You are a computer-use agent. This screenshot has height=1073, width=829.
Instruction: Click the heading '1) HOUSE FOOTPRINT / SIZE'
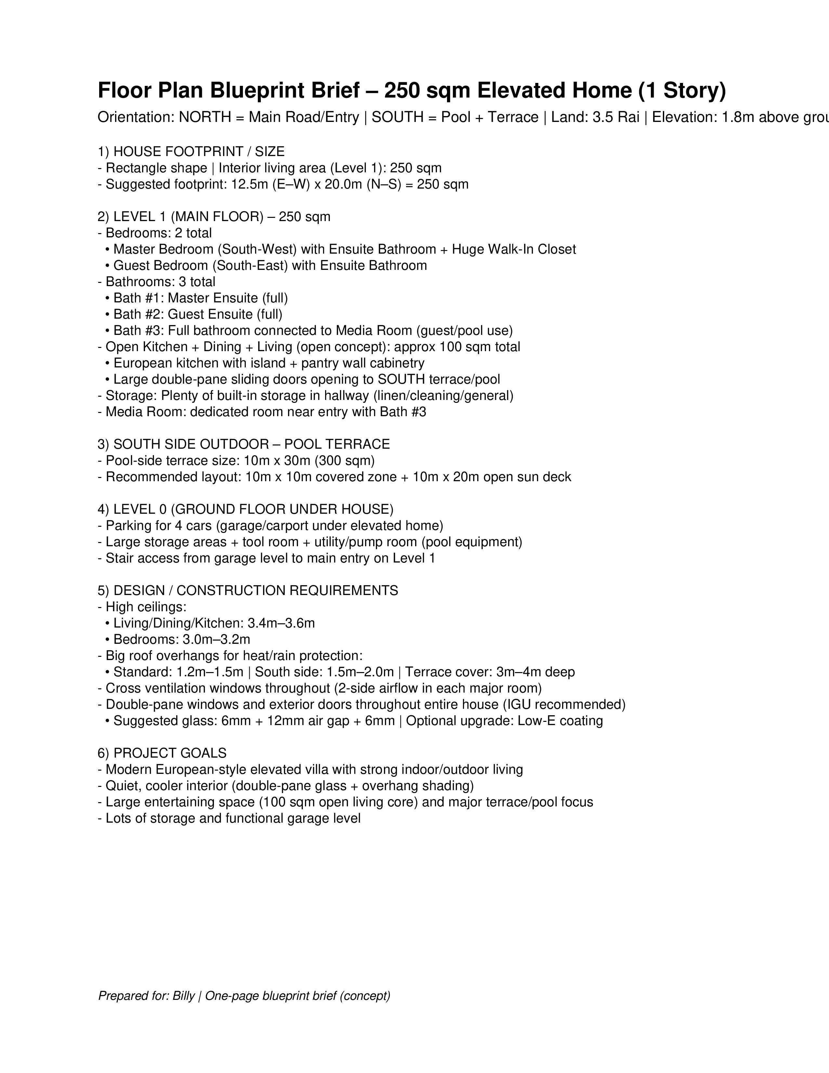click(x=191, y=152)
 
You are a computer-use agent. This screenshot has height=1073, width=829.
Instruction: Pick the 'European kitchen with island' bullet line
click(x=269, y=363)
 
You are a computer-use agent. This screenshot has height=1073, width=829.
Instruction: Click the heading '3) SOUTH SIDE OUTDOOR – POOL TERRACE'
click(x=243, y=444)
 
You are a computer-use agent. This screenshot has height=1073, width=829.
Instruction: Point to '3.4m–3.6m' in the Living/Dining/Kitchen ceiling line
click(x=281, y=623)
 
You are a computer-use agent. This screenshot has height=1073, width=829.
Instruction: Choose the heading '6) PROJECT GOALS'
click(x=162, y=753)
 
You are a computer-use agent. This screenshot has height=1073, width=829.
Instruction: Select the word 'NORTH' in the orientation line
click(x=205, y=117)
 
